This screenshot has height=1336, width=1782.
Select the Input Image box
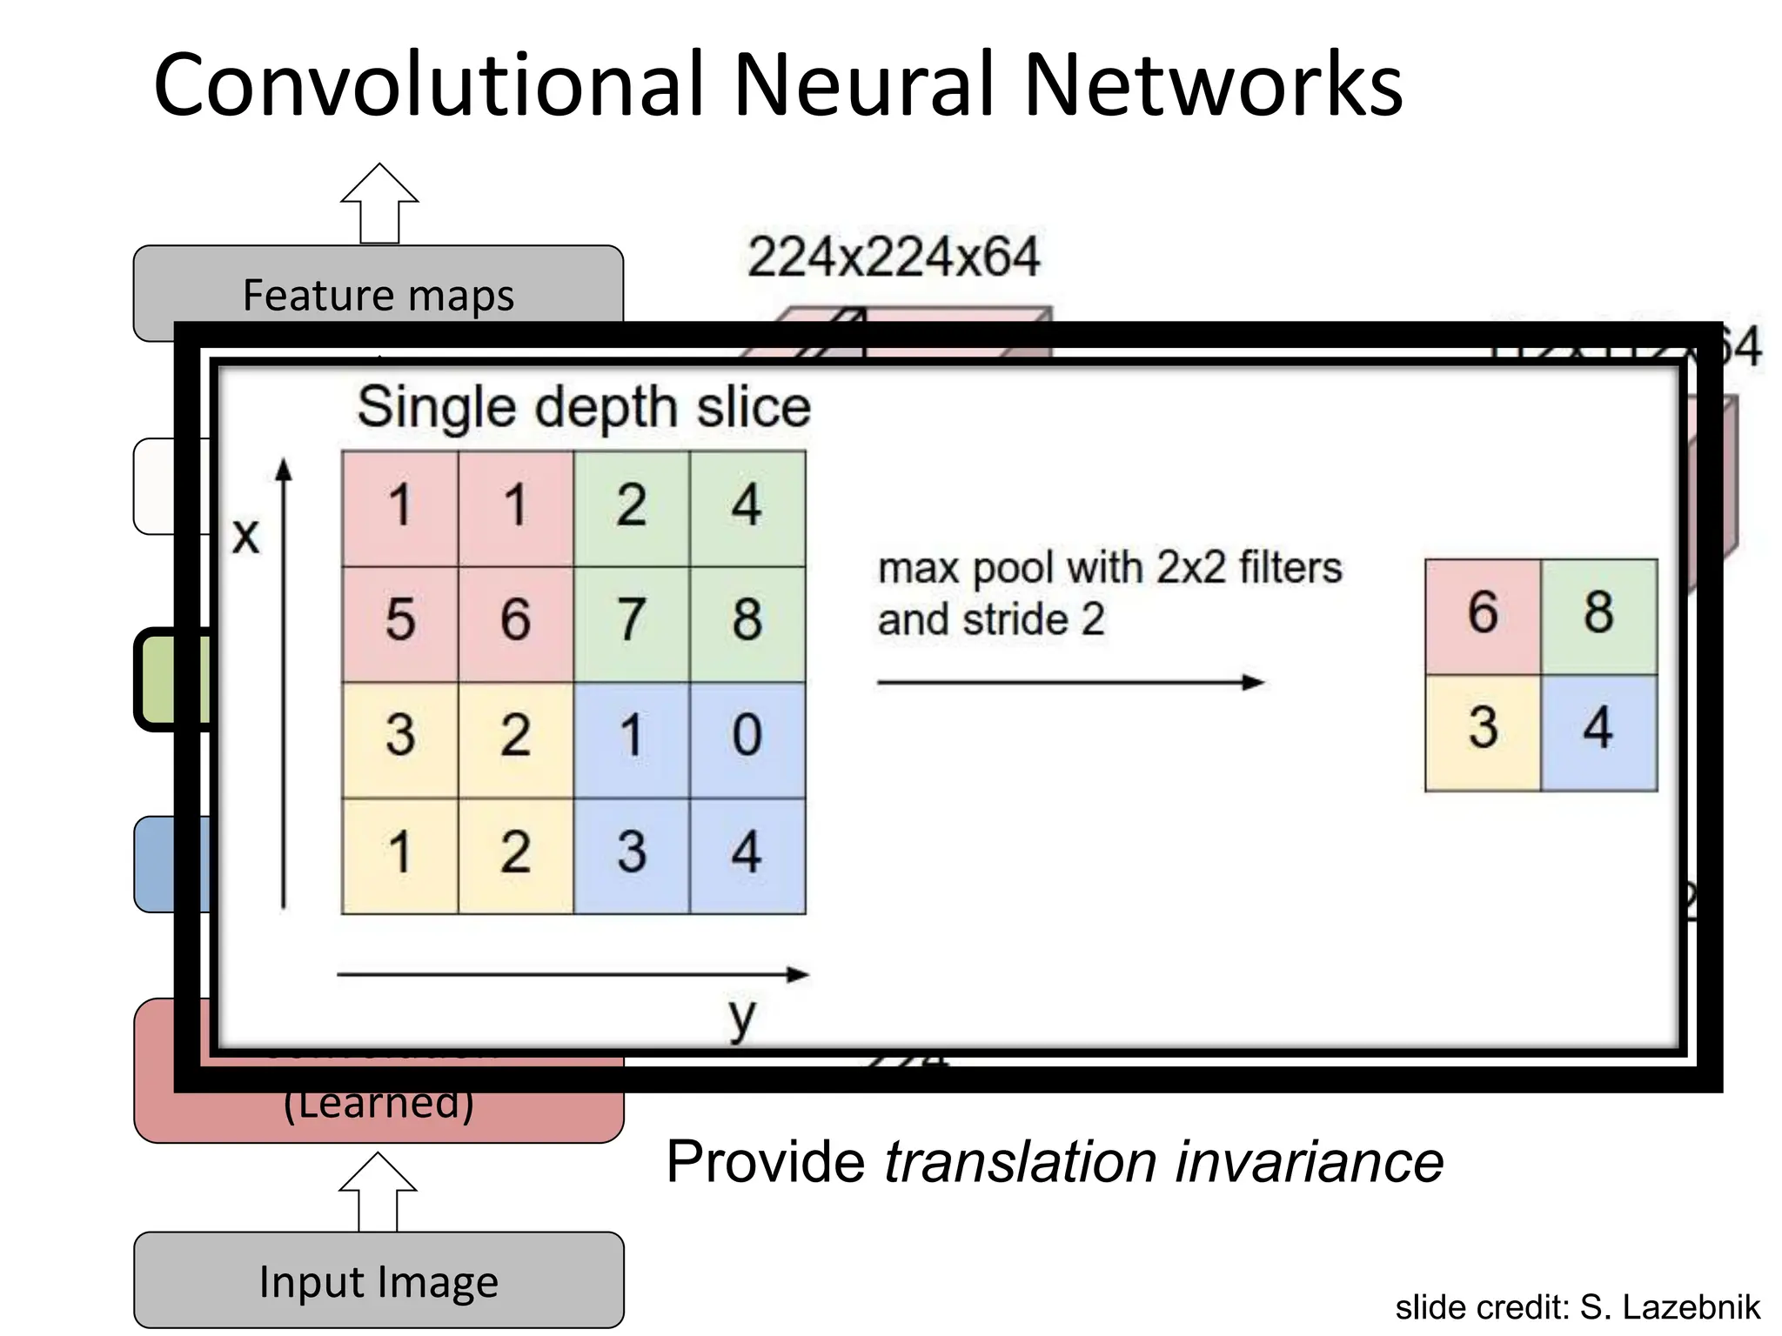click(379, 1280)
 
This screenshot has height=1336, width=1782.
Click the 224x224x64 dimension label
click(894, 257)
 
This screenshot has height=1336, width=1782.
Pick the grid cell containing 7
click(632, 621)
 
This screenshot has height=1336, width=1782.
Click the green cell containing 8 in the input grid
click(747, 621)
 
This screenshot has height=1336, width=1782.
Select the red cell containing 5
click(400, 621)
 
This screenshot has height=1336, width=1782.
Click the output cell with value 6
click(1483, 614)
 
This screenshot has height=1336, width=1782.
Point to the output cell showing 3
click(1483, 729)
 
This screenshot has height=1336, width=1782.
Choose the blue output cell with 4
click(1598, 729)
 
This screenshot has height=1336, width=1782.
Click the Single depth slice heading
click(584, 407)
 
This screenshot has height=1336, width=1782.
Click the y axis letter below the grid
click(741, 1017)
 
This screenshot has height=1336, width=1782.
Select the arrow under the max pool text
click(1070, 683)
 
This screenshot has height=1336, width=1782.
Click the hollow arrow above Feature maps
click(379, 203)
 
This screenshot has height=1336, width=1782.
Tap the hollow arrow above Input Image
click(379, 1192)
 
